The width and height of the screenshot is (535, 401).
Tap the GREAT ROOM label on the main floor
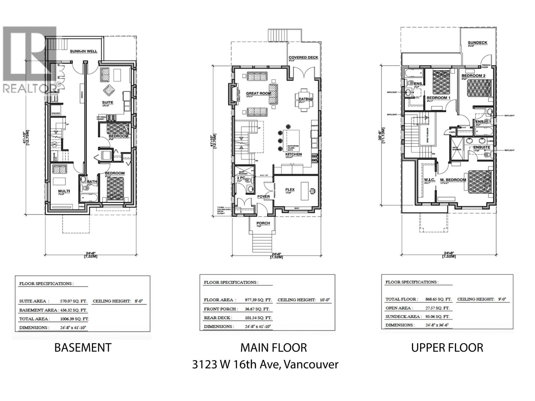click(258, 93)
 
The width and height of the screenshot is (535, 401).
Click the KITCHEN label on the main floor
click(294, 154)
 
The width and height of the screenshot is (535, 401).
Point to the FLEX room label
click(290, 189)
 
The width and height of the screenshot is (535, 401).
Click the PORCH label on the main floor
click(263, 223)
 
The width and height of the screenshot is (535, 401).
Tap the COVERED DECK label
click(303, 57)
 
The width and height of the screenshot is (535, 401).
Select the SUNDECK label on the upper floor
click(477, 43)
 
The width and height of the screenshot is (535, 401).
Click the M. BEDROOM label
click(453, 180)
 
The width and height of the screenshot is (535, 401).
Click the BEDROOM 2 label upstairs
click(473, 76)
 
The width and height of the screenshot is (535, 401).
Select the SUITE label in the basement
click(108, 103)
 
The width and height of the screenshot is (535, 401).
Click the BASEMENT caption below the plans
click(83, 348)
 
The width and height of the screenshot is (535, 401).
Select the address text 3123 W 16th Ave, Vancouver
click(265, 364)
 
